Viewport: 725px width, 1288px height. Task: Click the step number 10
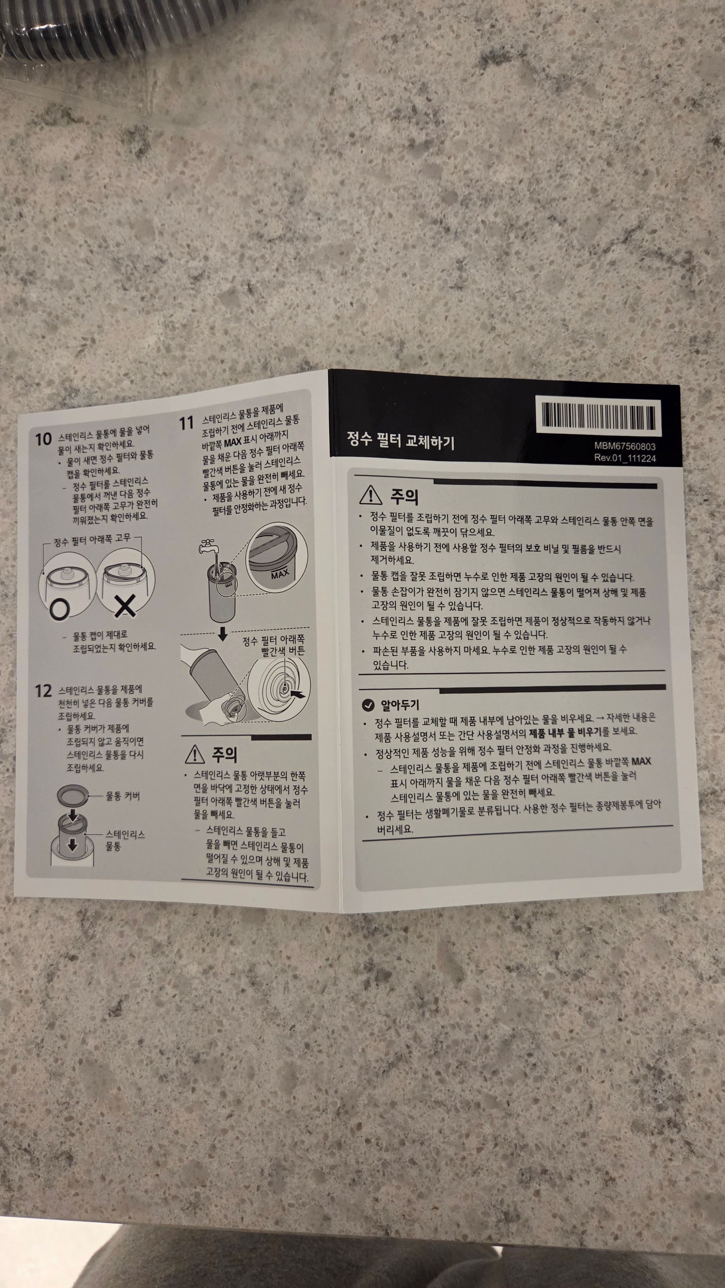pyautogui.click(x=43, y=440)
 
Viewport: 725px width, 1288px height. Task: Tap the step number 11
pyautogui.click(x=186, y=423)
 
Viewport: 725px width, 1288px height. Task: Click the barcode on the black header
pyautogui.click(x=598, y=416)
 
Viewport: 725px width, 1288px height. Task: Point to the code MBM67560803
pyautogui.click(x=625, y=446)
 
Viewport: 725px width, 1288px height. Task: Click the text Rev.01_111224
pyautogui.click(x=625, y=458)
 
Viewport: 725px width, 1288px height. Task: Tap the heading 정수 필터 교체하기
pyautogui.click(x=400, y=440)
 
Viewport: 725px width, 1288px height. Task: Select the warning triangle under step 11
pyautogui.click(x=194, y=754)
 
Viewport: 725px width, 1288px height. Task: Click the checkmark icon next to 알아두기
pyautogui.click(x=368, y=705)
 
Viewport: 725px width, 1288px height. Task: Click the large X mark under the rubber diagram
pyautogui.click(x=125, y=607)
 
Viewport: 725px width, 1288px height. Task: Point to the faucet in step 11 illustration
pyautogui.click(x=207, y=545)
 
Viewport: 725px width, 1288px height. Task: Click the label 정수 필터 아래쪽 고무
pyautogui.click(x=92, y=539)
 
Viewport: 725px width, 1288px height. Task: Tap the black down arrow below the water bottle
pyautogui.click(x=222, y=634)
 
